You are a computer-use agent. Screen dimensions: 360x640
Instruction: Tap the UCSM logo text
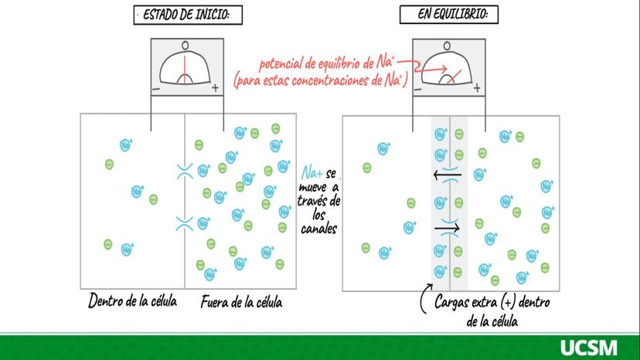click(589, 347)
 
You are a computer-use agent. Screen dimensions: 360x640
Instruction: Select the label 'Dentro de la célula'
click(132, 301)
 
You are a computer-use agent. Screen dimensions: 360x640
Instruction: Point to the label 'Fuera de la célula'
click(240, 302)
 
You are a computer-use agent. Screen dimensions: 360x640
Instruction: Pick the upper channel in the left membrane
click(184, 171)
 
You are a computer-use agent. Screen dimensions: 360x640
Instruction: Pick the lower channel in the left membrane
click(184, 224)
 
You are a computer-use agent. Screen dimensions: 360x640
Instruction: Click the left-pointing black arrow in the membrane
click(448, 175)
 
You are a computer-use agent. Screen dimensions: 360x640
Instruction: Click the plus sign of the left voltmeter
click(214, 89)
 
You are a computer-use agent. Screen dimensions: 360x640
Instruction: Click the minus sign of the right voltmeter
click(417, 89)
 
